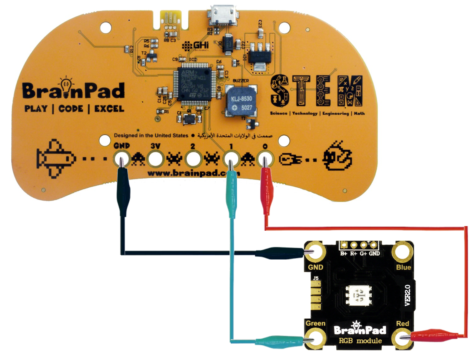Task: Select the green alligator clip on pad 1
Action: [x=230, y=190]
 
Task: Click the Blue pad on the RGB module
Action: [x=403, y=252]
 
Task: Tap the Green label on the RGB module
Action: [x=315, y=323]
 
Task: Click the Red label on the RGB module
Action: [x=403, y=323]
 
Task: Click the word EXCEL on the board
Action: [x=109, y=109]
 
